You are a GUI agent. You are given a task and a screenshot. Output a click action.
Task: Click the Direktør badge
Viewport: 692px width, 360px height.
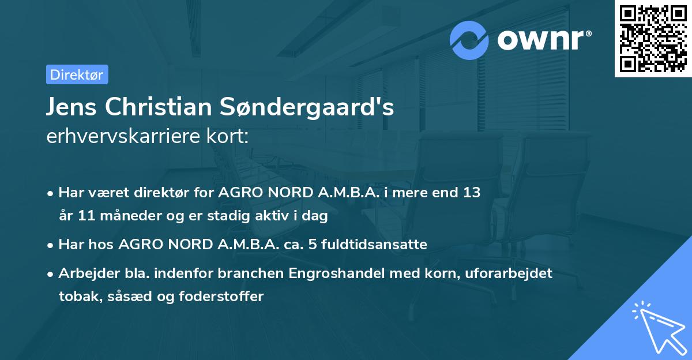[77, 74]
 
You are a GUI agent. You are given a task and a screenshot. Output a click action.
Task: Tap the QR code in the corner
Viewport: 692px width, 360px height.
[652, 39]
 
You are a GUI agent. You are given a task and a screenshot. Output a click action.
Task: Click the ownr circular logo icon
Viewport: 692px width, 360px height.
[470, 40]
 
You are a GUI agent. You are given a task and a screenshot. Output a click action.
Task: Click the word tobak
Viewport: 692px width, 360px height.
[76, 297]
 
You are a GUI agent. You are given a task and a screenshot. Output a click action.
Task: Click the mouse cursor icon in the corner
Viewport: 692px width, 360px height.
[657, 326]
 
